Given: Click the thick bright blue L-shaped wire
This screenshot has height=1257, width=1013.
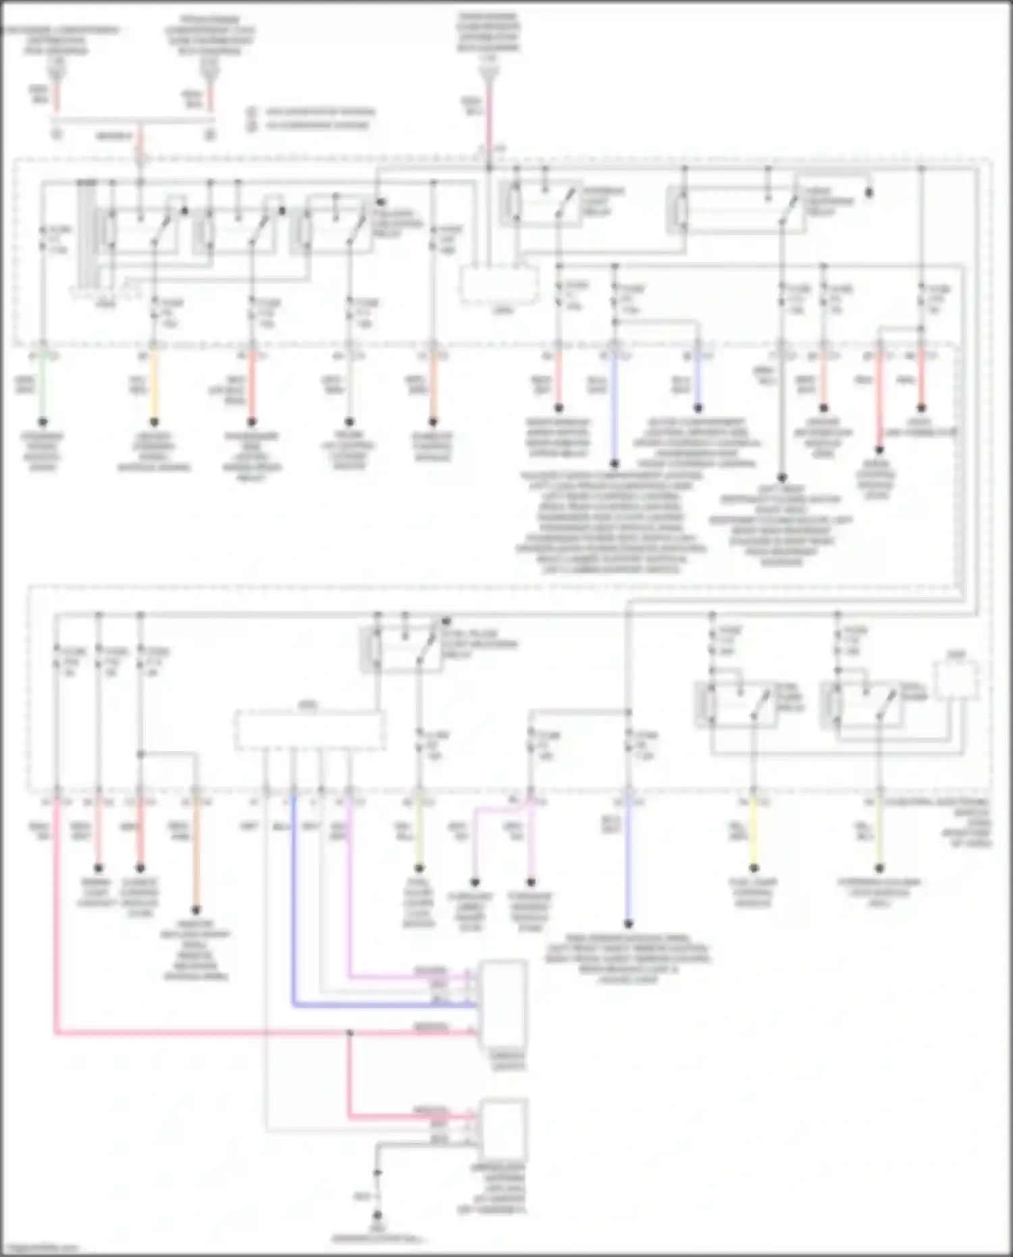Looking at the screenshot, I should pyautogui.click(x=294, y=946).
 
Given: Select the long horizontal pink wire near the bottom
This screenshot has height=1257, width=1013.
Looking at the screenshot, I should pyautogui.click(x=203, y=1032).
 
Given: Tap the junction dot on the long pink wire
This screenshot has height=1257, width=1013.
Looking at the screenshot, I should pyautogui.click(x=349, y=1033).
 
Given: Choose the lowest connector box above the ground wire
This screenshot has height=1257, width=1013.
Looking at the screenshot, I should pyautogui.click(x=504, y=1129).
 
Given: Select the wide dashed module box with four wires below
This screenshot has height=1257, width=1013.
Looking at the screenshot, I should pyautogui.click(x=310, y=729).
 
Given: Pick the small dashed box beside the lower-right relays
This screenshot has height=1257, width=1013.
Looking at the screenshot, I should pyautogui.click(x=956, y=679).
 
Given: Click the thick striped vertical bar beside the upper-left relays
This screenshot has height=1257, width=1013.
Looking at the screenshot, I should pyautogui.click(x=86, y=233).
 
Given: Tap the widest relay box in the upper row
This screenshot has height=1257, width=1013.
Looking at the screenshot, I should pyautogui.click(x=736, y=211).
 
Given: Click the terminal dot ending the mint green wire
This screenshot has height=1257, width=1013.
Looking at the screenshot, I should pyautogui.click(x=43, y=421).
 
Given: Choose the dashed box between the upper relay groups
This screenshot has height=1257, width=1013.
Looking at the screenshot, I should pyautogui.click(x=500, y=284).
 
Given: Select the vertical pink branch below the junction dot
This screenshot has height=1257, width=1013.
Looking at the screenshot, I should pyautogui.click(x=349, y=1074).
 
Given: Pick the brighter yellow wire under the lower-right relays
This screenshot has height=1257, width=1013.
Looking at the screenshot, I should pyautogui.click(x=754, y=831).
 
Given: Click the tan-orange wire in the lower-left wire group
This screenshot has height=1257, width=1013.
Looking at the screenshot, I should pyautogui.click(x=196, y=851).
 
